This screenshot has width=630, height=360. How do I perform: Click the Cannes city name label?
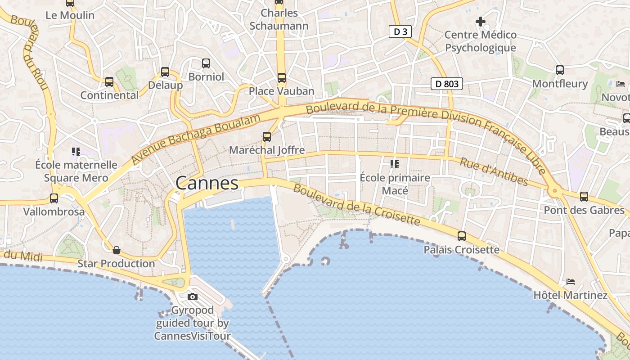coord(207,183)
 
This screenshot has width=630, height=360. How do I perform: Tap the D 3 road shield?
coord(400,31)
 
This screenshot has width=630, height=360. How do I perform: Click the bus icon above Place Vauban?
coord(282,78)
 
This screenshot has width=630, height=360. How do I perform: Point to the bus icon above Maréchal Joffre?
coord(267,137)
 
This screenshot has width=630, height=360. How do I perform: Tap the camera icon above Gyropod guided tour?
coord(193,297)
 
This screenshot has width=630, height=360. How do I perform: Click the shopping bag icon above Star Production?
coord(117,250)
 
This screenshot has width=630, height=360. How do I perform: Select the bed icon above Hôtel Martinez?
coord(571,282)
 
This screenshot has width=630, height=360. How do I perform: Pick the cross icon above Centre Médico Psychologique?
coord(480,21)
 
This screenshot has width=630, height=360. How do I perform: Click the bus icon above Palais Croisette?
coord(462,236)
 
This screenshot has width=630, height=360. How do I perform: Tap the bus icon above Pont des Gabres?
coord(584,197)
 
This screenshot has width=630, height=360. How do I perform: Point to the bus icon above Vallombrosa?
coord(54,198)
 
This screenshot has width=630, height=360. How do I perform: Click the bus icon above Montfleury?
coord(560,70)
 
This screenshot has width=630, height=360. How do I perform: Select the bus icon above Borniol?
coord(206,63)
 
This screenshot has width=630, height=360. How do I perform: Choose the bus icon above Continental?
coord(109,82)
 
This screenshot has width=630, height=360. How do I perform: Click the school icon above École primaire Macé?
coord(395,164)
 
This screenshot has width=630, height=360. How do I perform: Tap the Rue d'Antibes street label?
coord(494,171)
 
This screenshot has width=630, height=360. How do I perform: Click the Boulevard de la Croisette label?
coord(356,205)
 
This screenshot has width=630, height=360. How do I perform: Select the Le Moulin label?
coord(70,15)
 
